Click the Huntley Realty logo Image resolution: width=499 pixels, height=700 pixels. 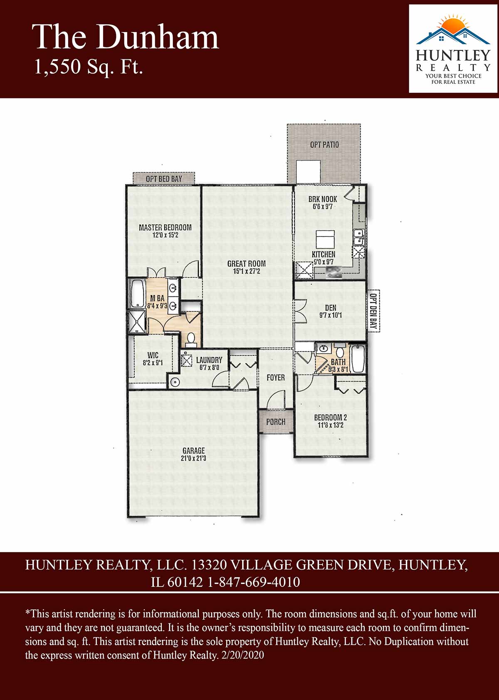453,49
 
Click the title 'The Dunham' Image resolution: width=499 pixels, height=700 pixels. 125,37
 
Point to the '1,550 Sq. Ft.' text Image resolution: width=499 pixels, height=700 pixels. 89,67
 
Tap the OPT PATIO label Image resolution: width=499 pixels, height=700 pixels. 324,145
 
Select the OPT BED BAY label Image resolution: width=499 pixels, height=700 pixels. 164,179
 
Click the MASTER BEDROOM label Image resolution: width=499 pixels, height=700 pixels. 165,227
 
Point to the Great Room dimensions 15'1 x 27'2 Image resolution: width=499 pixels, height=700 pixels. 246,271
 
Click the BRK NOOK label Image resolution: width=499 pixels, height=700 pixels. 323,199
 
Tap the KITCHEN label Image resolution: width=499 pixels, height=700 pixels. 323,254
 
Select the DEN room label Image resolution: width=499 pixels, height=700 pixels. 331,308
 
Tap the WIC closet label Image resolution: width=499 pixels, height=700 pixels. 153,355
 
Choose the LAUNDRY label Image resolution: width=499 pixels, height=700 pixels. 209,360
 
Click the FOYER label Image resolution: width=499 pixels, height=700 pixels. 276,378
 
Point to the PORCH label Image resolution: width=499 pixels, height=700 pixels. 276,422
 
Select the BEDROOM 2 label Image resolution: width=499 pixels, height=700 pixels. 331,417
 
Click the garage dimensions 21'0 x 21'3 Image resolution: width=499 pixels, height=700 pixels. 193,458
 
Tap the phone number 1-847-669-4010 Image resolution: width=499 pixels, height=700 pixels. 254,582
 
